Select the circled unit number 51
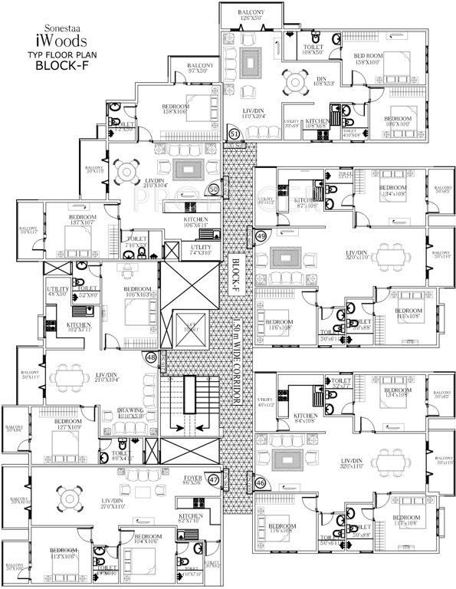235,134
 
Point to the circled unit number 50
215,188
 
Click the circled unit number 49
261,236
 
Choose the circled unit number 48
151,357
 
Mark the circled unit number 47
214,480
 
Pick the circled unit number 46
261,483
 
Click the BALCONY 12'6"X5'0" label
248,14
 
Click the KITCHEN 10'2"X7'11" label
80,327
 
